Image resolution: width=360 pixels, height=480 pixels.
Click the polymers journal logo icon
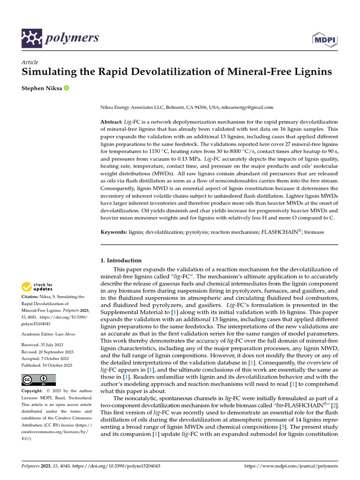(x=32, y=38)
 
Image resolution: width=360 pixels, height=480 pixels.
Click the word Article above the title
(x=30, y=62)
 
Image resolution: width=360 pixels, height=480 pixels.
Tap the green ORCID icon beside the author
(x=66, y=88)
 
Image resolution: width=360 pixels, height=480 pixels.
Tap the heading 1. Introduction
(x=121, y=260)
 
